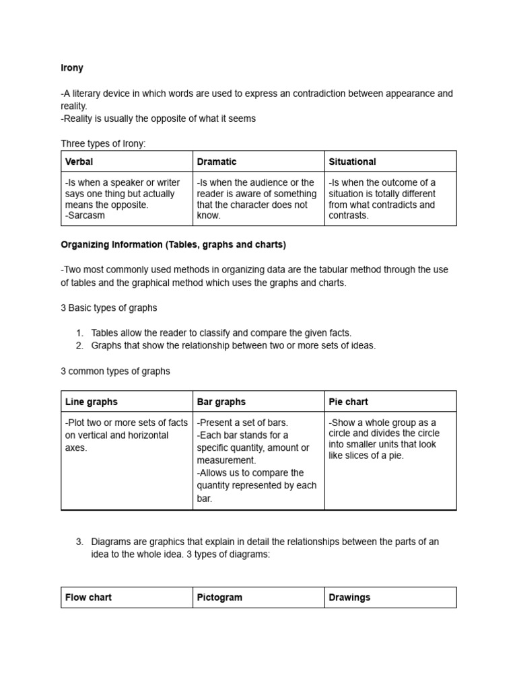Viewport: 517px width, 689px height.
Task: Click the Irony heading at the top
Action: click(72, 69)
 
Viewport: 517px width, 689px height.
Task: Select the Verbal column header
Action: click(79, 161)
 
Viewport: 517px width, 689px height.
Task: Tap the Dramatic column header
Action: click(217, 161)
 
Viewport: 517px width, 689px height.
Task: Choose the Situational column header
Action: click(352, 161)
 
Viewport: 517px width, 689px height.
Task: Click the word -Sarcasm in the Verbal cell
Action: click(85, 216)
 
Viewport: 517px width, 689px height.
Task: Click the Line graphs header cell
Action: click(92, 402)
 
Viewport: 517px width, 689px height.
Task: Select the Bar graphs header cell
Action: click(221, 402)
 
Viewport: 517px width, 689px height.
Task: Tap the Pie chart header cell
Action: click(348, 402)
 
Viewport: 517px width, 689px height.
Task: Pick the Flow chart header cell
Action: click(89, 597)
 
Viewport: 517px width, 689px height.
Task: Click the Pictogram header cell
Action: click(219, 597)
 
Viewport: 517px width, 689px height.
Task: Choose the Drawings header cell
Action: click(349, 597)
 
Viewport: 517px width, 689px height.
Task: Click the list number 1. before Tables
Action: click(79, 333)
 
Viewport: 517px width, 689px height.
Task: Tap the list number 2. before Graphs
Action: click(79, 346)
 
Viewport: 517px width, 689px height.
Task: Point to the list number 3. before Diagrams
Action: click(79, 542)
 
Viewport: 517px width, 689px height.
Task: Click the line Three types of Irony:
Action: click(103, 144)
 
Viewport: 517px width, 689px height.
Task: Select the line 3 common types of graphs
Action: click(116, 371)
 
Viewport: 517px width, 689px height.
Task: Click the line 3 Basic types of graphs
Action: click(109, 308)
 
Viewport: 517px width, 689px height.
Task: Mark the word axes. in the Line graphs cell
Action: click(76, 448)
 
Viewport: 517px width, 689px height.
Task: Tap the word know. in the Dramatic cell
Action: click(209, 216)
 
